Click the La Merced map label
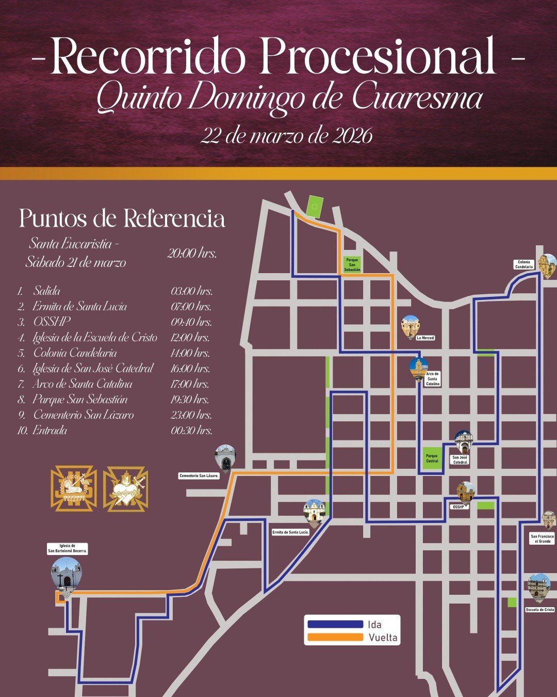(x=425, y=338)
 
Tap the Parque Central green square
(x=432, y=458)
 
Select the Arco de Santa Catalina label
(x=433, y=379)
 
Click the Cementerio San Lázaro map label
(x=199, y=476)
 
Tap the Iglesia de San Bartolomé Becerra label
(x=68, y=549)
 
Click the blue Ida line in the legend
(x=335, y=624)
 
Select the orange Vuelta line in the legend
(x=335, y=638)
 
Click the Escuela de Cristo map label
(x=540, y=610)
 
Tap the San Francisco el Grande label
(x=542, y=538)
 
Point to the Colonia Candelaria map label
(x=524, y=264)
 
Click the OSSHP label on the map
(x=458, y=507)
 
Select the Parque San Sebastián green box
(x=352, y=265)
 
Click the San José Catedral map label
(x=460, y=460)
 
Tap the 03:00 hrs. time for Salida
(x=191, y=291)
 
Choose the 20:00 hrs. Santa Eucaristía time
(x=192, y=254)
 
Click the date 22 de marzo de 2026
(x=286, y=136)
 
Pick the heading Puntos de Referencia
(x=122, y=218)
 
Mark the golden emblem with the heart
(x=126, y=489)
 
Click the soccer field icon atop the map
(x=314, y=207)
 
